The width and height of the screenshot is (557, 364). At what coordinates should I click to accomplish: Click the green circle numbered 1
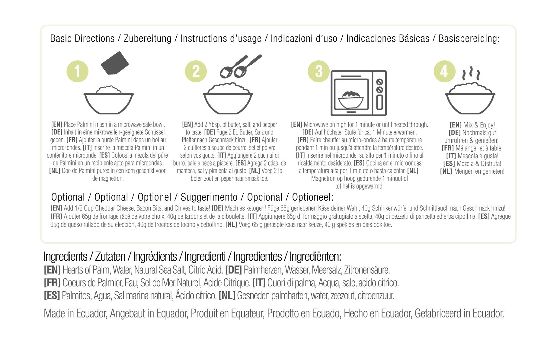78,72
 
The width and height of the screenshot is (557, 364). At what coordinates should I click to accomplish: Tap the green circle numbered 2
196,72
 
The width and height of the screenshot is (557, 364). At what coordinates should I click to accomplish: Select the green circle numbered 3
319,72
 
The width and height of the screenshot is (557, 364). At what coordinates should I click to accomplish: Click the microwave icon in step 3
358,93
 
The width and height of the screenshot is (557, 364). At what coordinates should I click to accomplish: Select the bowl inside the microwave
351,100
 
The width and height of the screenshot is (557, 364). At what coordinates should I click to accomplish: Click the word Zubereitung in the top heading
147,39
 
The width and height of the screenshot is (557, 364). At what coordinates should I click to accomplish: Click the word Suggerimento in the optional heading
209,197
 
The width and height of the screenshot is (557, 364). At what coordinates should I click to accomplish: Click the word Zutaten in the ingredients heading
110,257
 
